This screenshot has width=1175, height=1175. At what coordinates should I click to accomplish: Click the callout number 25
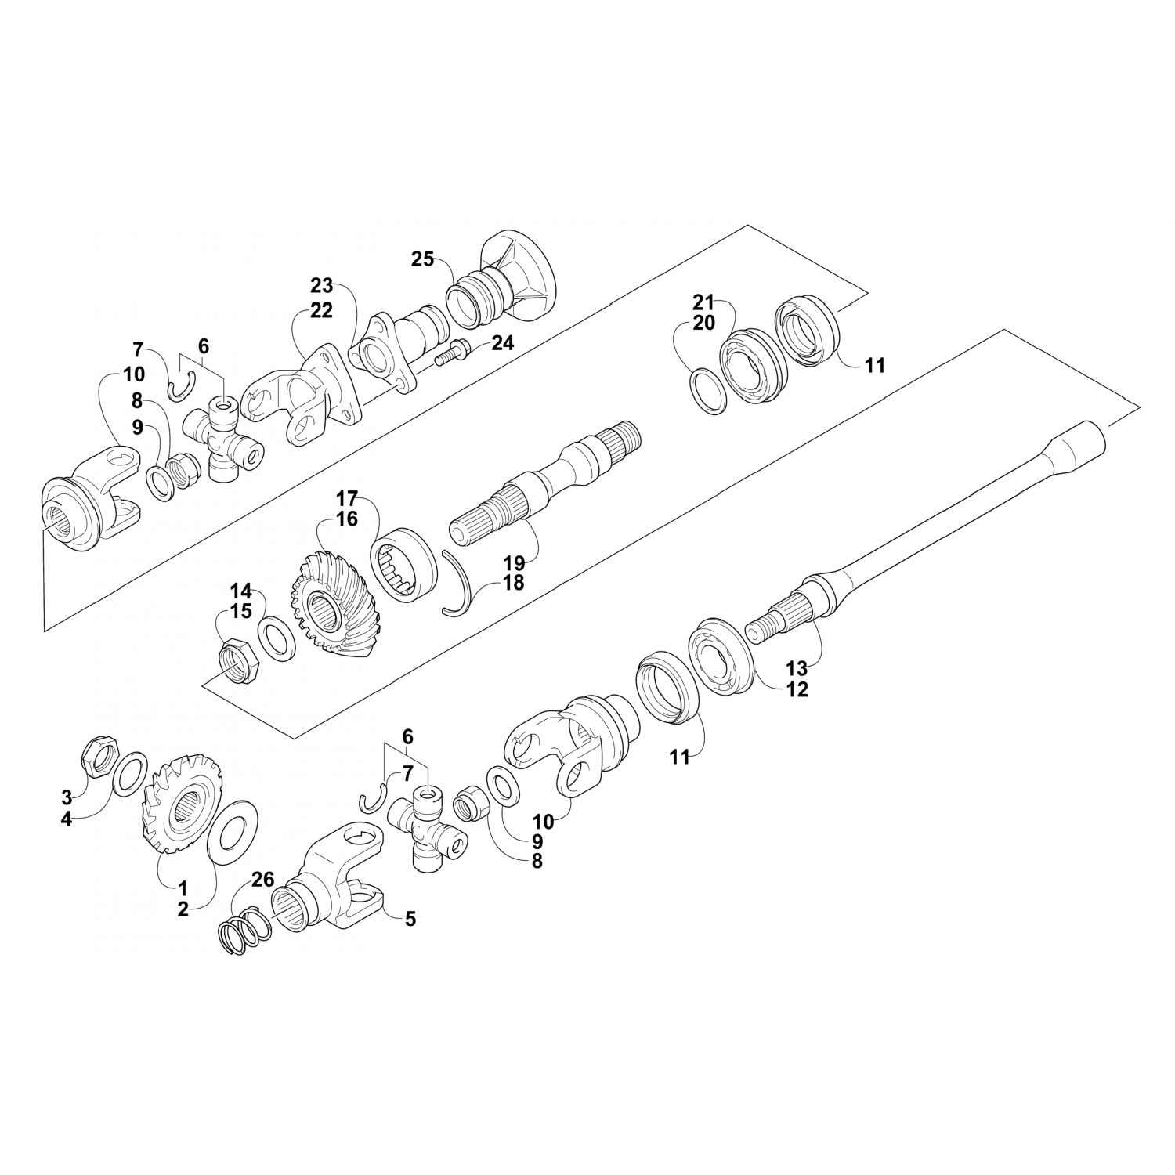(422, 259)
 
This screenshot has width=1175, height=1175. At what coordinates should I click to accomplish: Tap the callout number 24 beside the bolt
(503, 342)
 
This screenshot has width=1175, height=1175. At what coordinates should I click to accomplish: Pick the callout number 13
(797, 668)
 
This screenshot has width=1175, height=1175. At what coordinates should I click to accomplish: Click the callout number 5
(410, 919)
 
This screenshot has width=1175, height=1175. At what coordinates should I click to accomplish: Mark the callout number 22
(321, 310)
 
